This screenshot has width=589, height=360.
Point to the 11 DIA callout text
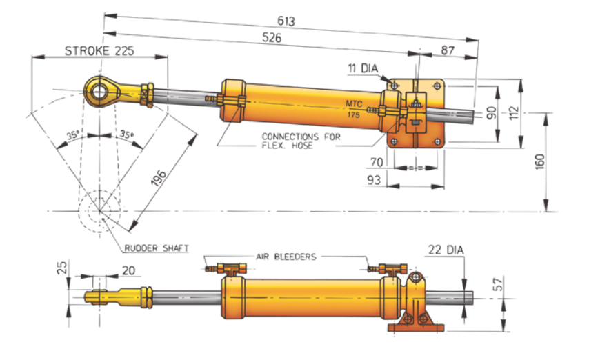(366, 69)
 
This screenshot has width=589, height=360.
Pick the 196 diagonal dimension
(160, 181)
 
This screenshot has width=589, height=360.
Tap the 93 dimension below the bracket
(373, 181)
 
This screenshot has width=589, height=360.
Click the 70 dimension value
(375, 163)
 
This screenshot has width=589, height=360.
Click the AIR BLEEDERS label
(286, 257)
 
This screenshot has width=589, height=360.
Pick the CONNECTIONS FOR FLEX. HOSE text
(301, 141)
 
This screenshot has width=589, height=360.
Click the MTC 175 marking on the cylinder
(354, 110)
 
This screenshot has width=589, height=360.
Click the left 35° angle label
(73, 136)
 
